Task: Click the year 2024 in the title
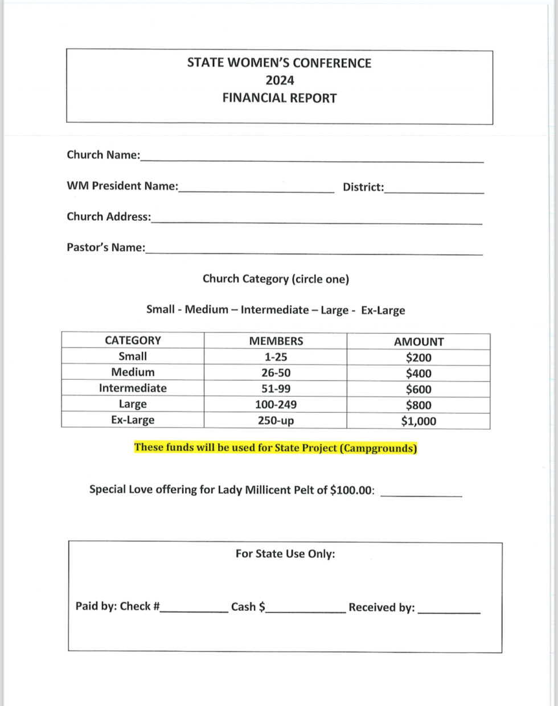click(279, 80)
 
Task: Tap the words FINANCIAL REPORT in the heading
click(279, 98)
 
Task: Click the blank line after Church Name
click(312, 159)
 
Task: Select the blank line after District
click(434, 191)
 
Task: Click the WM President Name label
click(122, 186)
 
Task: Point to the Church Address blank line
click(317, 221)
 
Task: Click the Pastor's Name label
click(106, 248)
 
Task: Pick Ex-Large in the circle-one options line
click(383, 310)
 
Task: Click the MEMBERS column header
click(276, 341)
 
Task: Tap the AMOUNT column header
click(419, 342)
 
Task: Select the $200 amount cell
click(419, 358)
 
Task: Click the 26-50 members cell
click(276, 373)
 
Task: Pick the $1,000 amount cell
click(419, 421)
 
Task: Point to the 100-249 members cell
click(276, 405)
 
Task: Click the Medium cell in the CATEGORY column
click(133, 372)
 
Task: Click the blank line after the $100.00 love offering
click(421, 494)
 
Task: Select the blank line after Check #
click(194, 610)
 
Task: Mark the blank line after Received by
click(449, 610)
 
